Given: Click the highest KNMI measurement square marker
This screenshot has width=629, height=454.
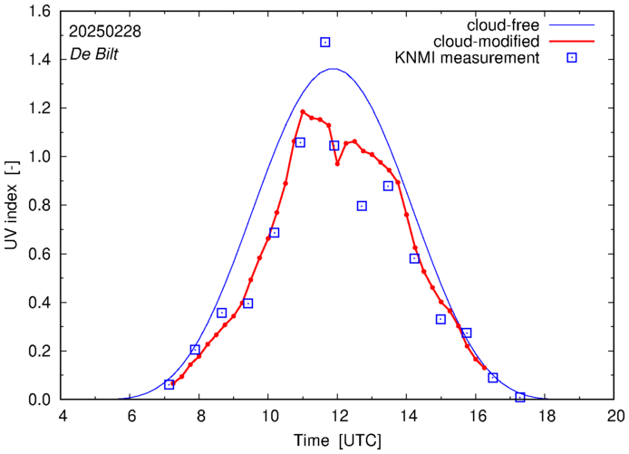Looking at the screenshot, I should click(x=324, y=43).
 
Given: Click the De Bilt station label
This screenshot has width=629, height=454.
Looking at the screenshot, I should click(x=94, y=54).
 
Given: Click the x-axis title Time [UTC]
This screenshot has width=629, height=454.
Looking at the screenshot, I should click(x=338, y=440).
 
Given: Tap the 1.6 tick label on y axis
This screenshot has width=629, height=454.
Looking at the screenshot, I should click(x=39, y=11).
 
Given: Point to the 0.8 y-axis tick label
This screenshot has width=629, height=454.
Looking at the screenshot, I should click(x=39, y=206).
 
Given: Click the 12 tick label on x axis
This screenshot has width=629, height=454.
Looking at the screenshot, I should click(x=338, y=417).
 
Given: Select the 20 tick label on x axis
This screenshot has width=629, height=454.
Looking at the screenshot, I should click(x=615, y=417).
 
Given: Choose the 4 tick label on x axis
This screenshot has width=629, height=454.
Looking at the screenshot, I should click(x=62, y=417).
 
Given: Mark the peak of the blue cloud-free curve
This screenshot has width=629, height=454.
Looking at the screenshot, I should click(x=334, y=69).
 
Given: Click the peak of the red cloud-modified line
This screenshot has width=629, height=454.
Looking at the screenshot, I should click(x=302, y=112).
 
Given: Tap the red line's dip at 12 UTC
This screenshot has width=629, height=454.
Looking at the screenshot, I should click(x=337, y=164).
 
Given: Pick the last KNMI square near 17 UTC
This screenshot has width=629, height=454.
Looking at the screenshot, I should click(x=520, y=397).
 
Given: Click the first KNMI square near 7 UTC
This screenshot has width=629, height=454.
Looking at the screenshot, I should click(x=169, y=384).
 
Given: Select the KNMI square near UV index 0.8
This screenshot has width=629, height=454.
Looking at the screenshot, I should click(x=362, y=206).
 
